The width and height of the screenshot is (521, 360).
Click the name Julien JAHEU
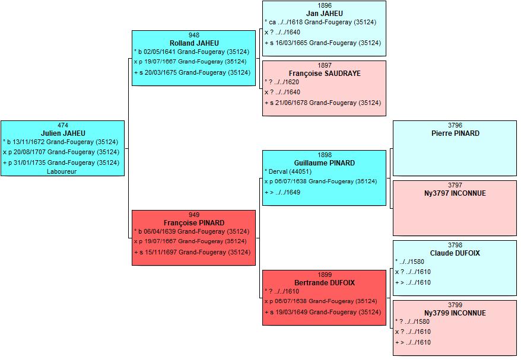63,133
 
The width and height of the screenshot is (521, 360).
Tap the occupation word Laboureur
62,171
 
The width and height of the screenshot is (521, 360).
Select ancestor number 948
194,35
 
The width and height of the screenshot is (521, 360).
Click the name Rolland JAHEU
194,43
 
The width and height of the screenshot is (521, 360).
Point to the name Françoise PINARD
194,223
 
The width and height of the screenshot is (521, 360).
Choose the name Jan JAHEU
325,13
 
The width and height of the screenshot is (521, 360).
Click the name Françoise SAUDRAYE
325,74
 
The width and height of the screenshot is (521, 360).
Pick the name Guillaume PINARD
325,163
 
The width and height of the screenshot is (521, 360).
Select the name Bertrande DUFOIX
325,283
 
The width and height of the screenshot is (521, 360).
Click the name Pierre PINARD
455,133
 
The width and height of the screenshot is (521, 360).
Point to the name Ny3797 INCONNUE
455,193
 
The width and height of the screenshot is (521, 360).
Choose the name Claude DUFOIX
455,253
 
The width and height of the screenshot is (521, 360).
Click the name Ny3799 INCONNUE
455,313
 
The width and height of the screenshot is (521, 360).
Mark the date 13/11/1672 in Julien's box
29,142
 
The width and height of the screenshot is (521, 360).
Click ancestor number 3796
455,125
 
